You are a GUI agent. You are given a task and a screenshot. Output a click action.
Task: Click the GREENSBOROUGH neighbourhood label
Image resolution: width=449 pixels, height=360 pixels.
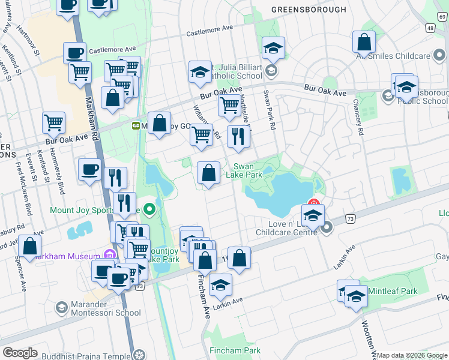pos(309,10)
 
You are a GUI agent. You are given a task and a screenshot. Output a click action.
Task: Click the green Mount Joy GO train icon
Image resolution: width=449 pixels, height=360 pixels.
pos(136,125)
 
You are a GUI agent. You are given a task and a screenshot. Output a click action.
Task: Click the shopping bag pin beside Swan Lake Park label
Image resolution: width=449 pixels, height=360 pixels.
pos(208,173)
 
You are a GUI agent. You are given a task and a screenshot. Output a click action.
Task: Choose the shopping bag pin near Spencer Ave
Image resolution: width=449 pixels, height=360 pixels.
pos(29,246)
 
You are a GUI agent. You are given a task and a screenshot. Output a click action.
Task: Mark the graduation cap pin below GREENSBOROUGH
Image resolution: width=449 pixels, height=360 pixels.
pos(273,47)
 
